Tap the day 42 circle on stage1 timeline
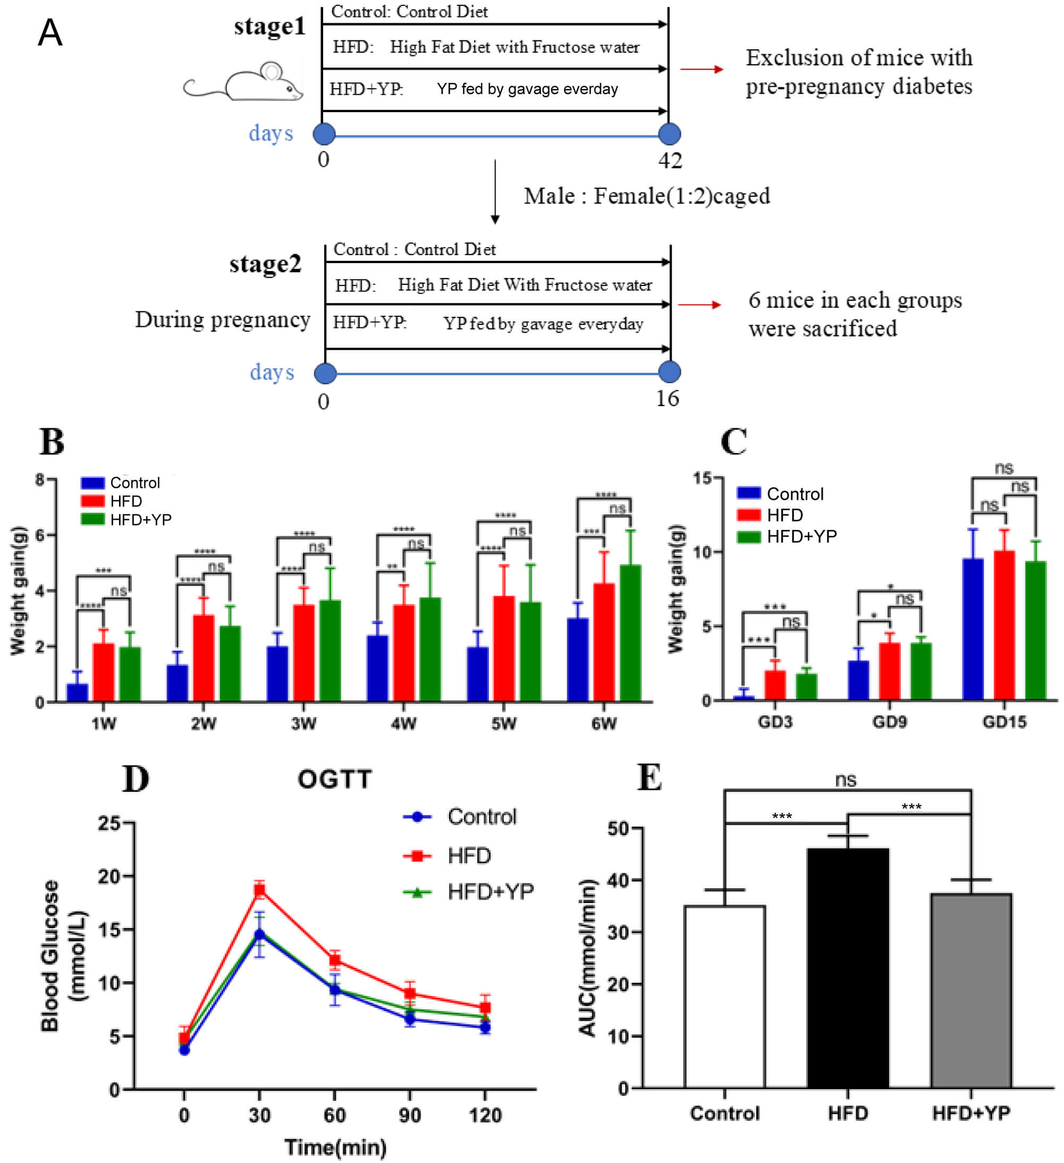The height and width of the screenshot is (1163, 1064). (x=669, y=134)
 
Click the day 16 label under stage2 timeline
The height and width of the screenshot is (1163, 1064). (x=667, y=399)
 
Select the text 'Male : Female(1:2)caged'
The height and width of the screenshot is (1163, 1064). (x=646, y=196)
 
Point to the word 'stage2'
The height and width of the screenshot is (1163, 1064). (x=265, y=264)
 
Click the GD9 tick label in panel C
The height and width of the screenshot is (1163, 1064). (x=889, y=722)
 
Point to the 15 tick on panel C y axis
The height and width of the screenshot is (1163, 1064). (x=703, y=478)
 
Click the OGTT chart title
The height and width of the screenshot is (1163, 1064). (x=334, y=779)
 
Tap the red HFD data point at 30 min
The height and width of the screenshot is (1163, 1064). (x=259, y=891)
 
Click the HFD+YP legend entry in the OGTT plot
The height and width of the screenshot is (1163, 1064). (x=490, y=892)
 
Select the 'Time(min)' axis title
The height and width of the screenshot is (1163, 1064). (x=335, y=1148)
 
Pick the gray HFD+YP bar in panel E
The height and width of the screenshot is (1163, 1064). (x=971, y=990)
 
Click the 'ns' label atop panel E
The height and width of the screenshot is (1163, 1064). (x=846, y=780)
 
